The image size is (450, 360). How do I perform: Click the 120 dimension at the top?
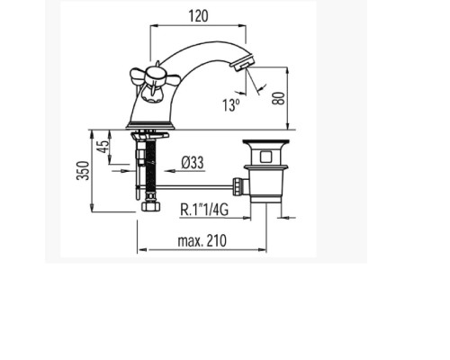tap(198, 16)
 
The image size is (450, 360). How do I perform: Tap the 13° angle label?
tap(231, 104)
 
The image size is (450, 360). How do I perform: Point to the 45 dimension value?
tap(103, 147)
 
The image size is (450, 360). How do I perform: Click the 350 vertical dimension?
tap(83, 171)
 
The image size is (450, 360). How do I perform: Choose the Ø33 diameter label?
tap(193, 163)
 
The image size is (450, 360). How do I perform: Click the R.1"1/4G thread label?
tap(204, 210)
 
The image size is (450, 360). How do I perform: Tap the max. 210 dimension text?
tap(202, 240)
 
